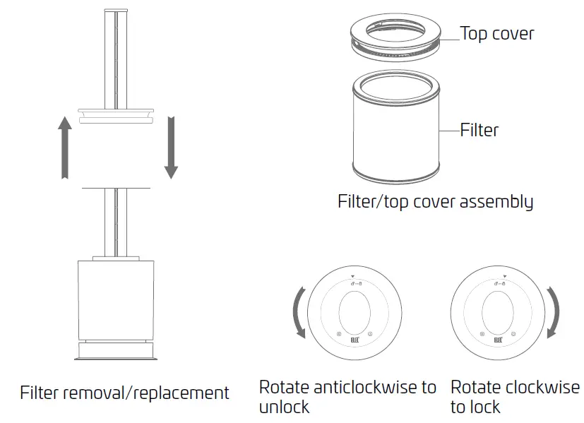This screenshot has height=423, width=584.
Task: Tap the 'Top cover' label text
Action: point(497,33)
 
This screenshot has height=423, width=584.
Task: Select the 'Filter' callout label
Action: point(479,130)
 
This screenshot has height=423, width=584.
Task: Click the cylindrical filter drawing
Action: point(395,131)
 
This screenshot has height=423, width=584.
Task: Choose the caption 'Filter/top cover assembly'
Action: point(435,202)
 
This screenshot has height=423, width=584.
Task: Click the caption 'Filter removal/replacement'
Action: point(124,393)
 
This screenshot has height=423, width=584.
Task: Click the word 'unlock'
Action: point(284,407)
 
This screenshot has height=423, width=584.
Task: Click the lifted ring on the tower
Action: point(116,115)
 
